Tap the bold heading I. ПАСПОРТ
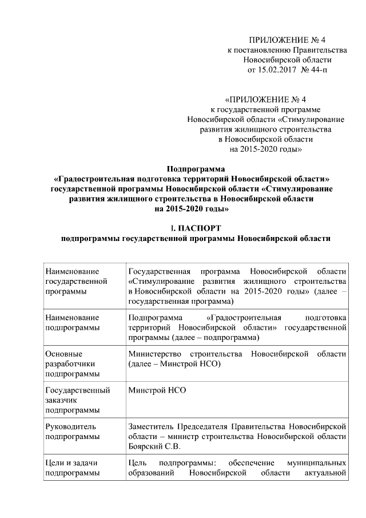pyautogui.click(x=196, y=229)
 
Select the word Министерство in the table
pyautogui.click(x=157, y=353)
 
